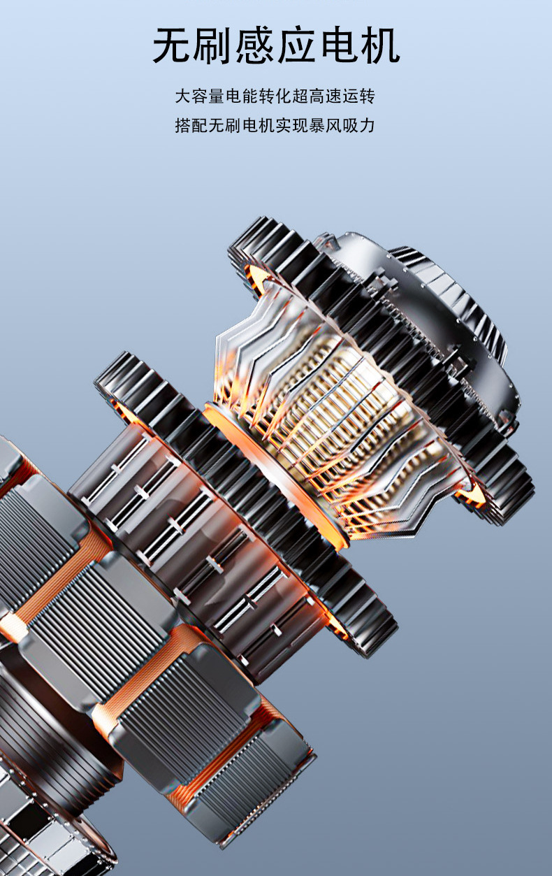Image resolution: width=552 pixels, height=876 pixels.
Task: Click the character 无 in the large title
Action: tap(173, 45)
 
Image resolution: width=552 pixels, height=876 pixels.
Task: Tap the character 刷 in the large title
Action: tap(215, 45)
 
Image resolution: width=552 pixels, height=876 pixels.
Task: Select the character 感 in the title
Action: tap(256, 45)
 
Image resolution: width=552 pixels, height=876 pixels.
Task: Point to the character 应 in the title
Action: tap(297, 45)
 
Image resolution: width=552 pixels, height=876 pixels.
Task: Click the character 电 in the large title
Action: tap(339, 45)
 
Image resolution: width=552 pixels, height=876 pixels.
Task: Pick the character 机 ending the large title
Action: tap(380, 45)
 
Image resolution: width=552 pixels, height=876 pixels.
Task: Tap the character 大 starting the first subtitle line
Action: tap(183, 96)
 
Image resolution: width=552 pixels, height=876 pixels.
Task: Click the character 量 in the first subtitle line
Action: tap(217, 96)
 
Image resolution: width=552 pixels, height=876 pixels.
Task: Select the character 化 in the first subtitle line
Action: tap(284, 96)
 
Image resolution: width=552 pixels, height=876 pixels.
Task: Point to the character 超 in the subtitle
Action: tap(300, 96)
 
